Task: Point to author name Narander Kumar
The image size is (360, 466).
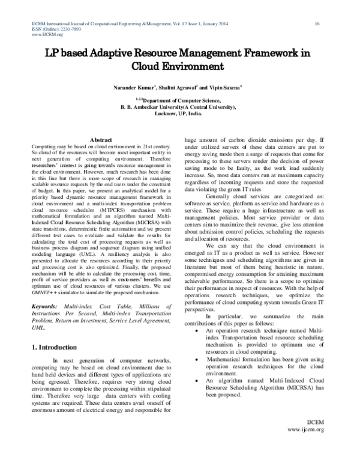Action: pos(133,88)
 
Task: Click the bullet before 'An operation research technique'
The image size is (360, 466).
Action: pos(199,331)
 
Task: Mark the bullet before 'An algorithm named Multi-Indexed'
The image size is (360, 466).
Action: pos(199,380)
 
